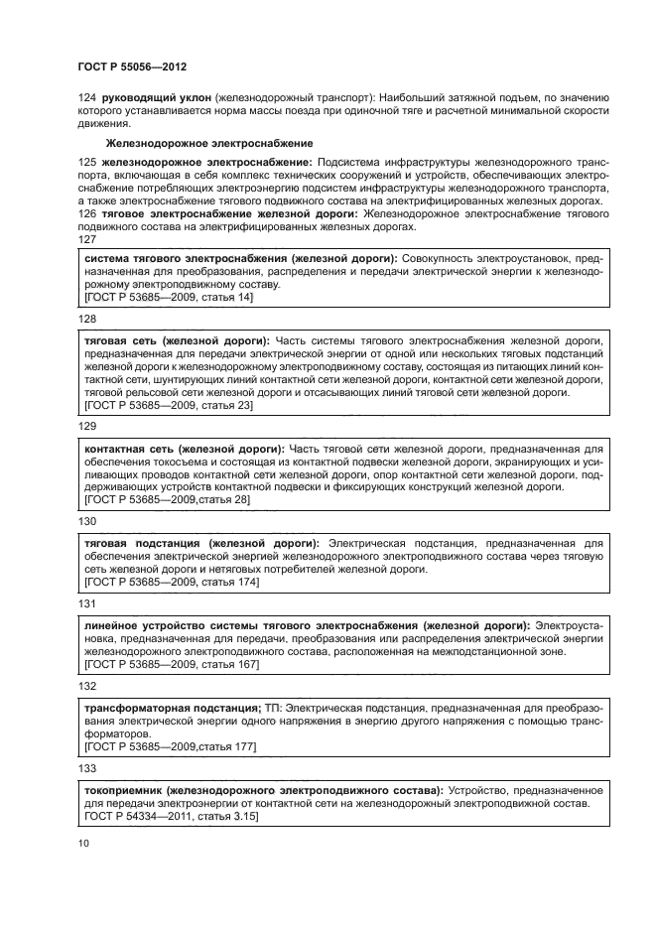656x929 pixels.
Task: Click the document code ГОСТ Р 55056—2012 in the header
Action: tap(132, 66)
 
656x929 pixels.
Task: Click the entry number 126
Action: tap(85, 212)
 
